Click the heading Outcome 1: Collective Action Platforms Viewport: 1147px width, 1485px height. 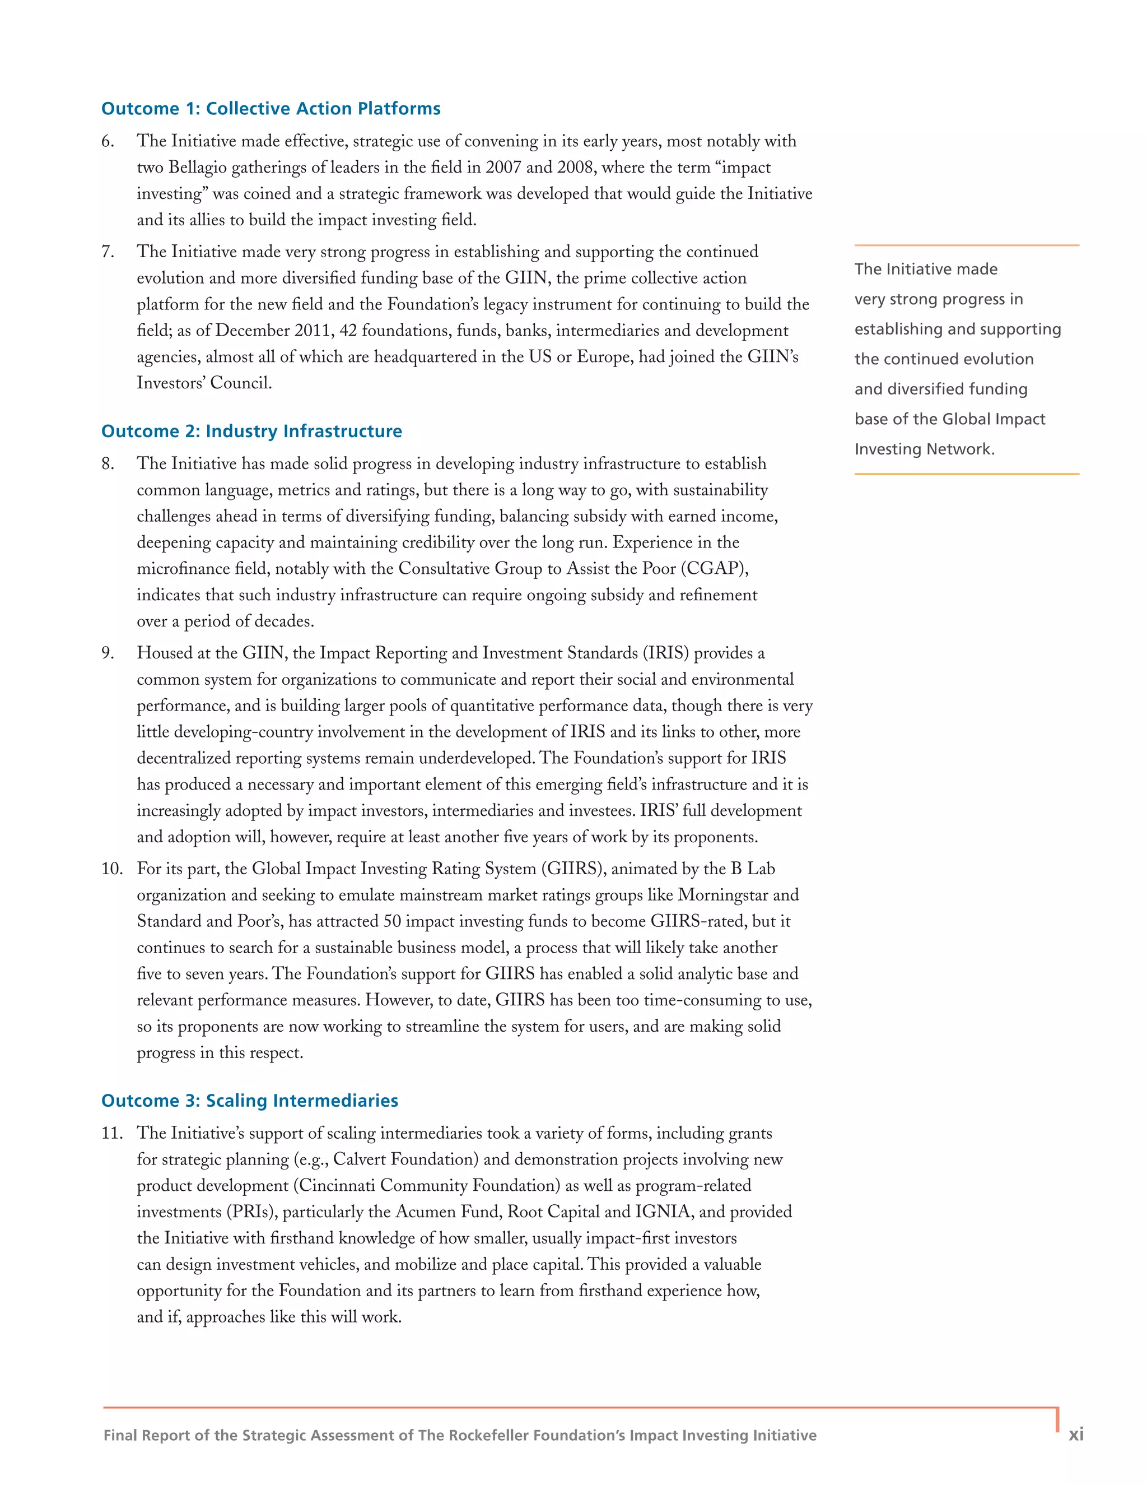point(271,109)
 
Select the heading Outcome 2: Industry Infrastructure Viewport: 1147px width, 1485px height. point(251,431)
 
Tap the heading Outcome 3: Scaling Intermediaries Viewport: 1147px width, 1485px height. point(249,1101)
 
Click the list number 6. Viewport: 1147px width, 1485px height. point(108,141)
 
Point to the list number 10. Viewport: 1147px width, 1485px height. point(111,869)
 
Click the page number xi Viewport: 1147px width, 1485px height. point(1076,1435)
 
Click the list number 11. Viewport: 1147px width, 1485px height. point(111,1134)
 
